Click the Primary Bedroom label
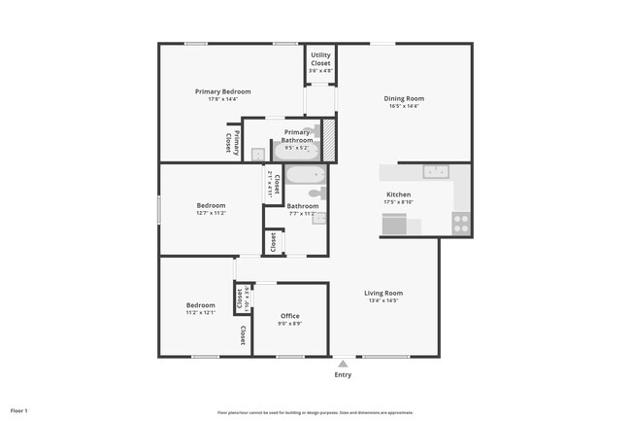222,91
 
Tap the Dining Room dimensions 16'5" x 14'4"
404,106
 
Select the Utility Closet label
320,59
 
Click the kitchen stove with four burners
461,224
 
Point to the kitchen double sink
435,172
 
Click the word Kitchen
399,195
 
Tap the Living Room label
383,293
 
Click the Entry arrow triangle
343,364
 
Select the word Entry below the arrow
343,374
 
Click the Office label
289,316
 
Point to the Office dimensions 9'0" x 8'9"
289,324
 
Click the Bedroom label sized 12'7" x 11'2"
211,205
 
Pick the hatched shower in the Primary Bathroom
328,138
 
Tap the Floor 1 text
19,411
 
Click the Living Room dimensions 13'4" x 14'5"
383,300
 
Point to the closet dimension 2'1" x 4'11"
269,184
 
